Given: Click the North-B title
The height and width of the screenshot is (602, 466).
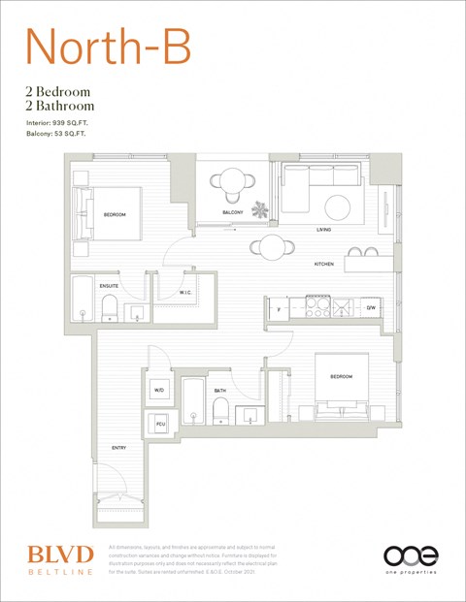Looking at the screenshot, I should pos(107,48).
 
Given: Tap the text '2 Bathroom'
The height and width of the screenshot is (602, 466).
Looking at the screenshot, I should pos(60,105).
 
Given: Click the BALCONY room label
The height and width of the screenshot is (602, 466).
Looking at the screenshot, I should pos(233,211).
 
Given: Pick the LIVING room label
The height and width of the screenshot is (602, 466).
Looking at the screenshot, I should pos(324,230).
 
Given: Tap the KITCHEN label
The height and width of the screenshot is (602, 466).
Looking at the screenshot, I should pos(323,265).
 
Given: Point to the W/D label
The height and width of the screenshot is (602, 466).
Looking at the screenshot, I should pos(159,391).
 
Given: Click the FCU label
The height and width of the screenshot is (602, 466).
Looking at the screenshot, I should pos(159,424).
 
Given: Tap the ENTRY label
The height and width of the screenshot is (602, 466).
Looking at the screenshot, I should pos(118,448).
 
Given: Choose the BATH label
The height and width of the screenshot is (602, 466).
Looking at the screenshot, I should pos(220,391).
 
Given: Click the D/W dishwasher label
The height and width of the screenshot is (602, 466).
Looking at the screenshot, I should pos(370,308).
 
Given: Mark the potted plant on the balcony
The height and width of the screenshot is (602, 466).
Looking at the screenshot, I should pos(259,207).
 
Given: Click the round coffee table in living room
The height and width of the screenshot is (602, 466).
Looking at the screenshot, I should pos(338,206).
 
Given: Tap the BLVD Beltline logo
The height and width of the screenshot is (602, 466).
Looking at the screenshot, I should pos(60,559).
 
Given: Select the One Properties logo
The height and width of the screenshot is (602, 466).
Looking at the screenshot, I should pos(411,558).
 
